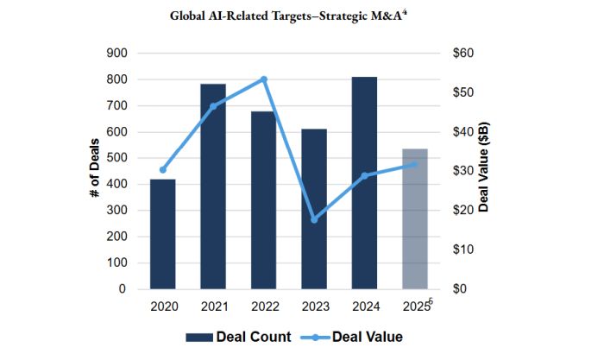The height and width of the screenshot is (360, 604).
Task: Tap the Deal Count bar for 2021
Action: pos(213,186)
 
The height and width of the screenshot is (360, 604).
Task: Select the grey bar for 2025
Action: pos(415,219)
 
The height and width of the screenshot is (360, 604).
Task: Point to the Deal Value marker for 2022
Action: pos(264,79)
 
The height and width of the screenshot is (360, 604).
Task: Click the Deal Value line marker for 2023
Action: pos(314,219)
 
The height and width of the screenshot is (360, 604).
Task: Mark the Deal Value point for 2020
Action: pos(163,170)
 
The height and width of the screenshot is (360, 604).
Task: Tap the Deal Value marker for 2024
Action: pos(364,175)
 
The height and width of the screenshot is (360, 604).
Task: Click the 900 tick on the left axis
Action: pos(116,54)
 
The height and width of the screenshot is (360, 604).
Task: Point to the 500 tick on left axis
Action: pos(116,158)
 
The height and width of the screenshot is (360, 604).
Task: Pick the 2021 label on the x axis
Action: pos(213,306)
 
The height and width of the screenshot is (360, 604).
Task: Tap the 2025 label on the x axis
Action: pos(415,306)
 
